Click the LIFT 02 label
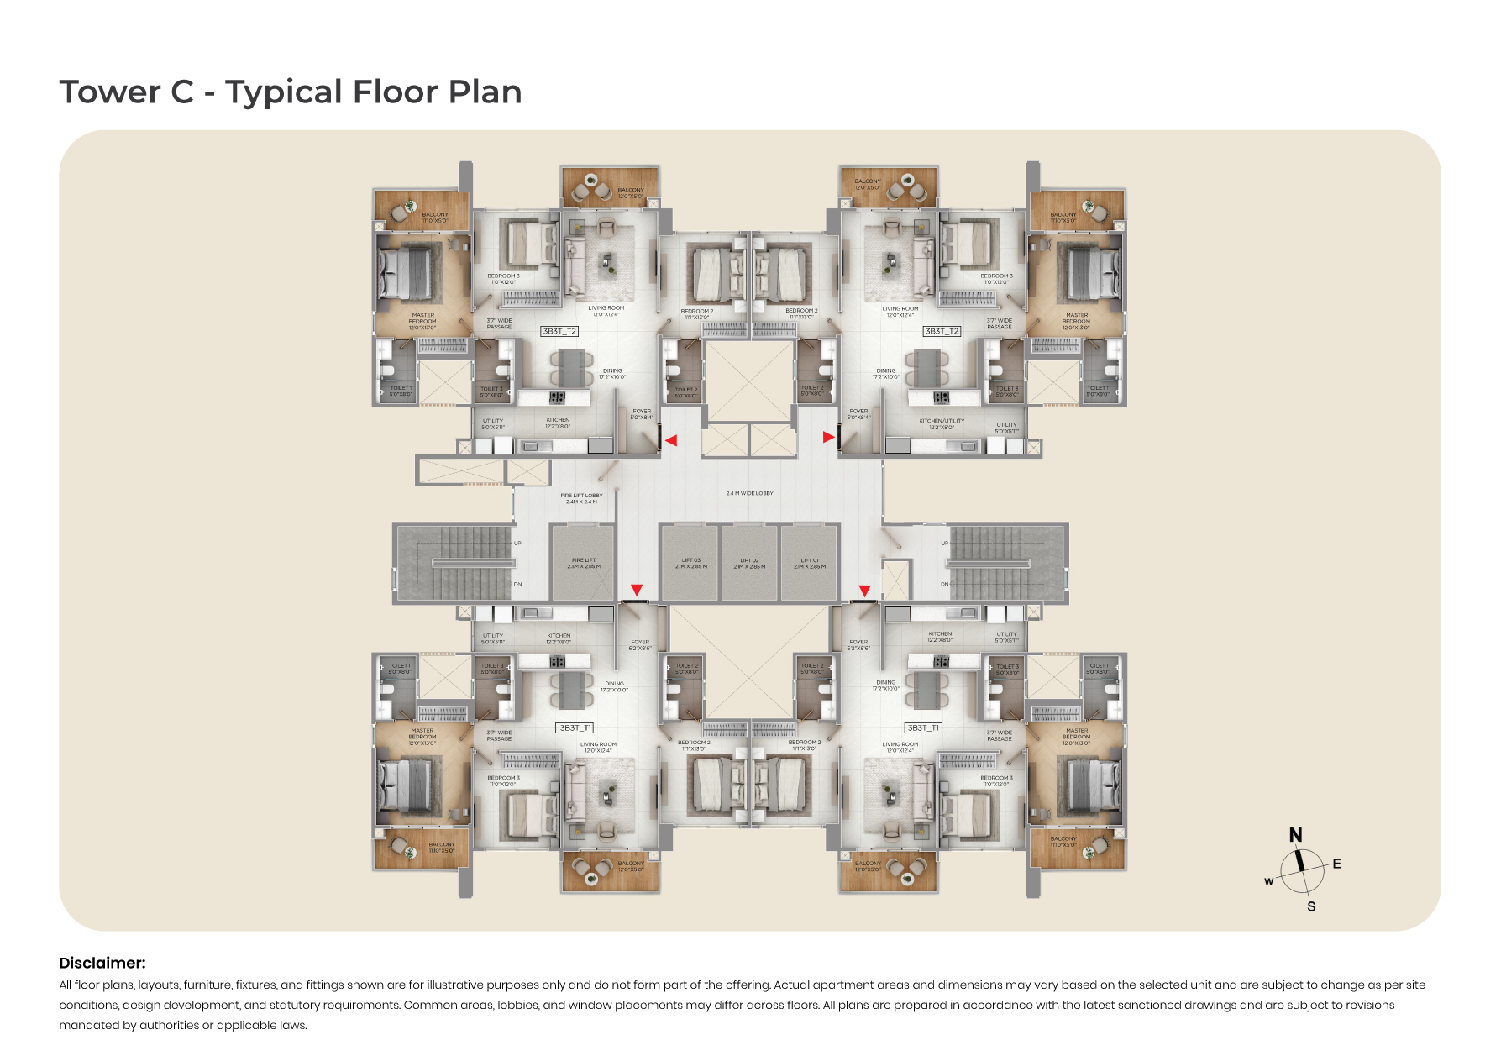[x=749, y=563]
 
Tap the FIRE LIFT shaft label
[x=584, y=563]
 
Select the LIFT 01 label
[x=809, y=563]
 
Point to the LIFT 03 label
[x=690, y=563]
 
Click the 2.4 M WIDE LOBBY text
[x=749, y=493]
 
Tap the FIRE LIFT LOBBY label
[x=581, y=498]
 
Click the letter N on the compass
[x=1295, y=834]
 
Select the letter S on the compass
[x=1311, y=906]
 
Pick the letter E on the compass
[x=1336, y=864]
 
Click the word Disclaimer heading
[x=102, y=963]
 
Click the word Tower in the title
[x=109, y=92]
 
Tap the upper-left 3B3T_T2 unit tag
[x=559, y=331]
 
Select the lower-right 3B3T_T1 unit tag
[x=923, y=727]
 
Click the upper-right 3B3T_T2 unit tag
[x=942, y=331]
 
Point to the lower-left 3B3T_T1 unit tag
[x=575, y=727]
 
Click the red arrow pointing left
[x=670, y=440]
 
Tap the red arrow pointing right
[x=828, y=437]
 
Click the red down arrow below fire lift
[x=637, y=590]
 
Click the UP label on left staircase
[x=517, y=543]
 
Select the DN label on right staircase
[x=945, y=584]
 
